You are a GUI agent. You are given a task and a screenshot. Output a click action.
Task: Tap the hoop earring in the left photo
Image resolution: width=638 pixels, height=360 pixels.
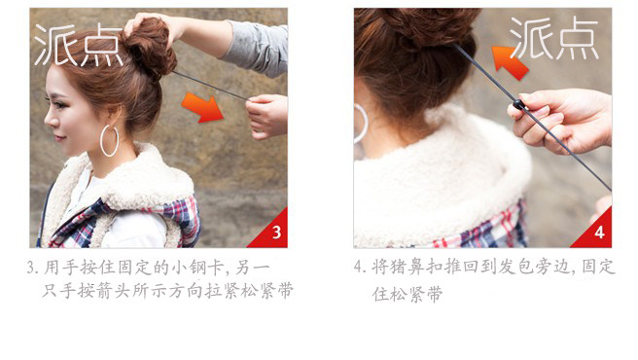[109, 140]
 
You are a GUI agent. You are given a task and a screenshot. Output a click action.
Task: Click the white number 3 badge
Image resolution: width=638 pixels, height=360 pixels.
[276, 233]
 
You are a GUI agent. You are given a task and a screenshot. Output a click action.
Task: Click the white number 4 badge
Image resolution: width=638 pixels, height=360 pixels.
[599, 233]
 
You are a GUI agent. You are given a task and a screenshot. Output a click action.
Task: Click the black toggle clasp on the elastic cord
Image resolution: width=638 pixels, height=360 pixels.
[519, 104]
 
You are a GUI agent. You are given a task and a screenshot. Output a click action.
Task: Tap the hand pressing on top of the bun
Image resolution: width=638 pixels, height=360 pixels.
[151, 24]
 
